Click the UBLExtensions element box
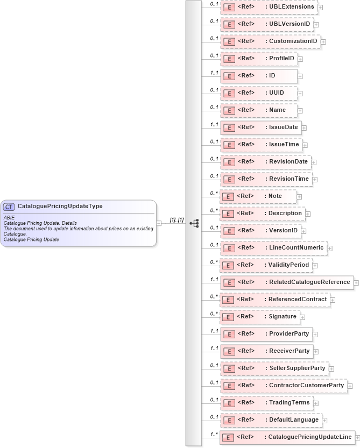(269, 7)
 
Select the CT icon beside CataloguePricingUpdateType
(9, 207)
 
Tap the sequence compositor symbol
(194, 223)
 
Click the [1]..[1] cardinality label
(177, 220)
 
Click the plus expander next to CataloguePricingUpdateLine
(358, 438)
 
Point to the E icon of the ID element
(228, 76)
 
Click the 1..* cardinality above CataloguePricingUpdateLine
(214, 434)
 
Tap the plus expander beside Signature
(303, 317)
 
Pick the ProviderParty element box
(266, 334)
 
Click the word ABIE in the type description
(9, 217)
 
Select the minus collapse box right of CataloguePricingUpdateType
(159, 223)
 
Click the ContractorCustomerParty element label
(306, 385)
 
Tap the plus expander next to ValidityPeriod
(315, 266)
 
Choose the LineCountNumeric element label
(297, 247)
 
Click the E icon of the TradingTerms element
(228, 403)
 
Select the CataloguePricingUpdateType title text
(60, 206)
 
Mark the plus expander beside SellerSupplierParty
(331, 369)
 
